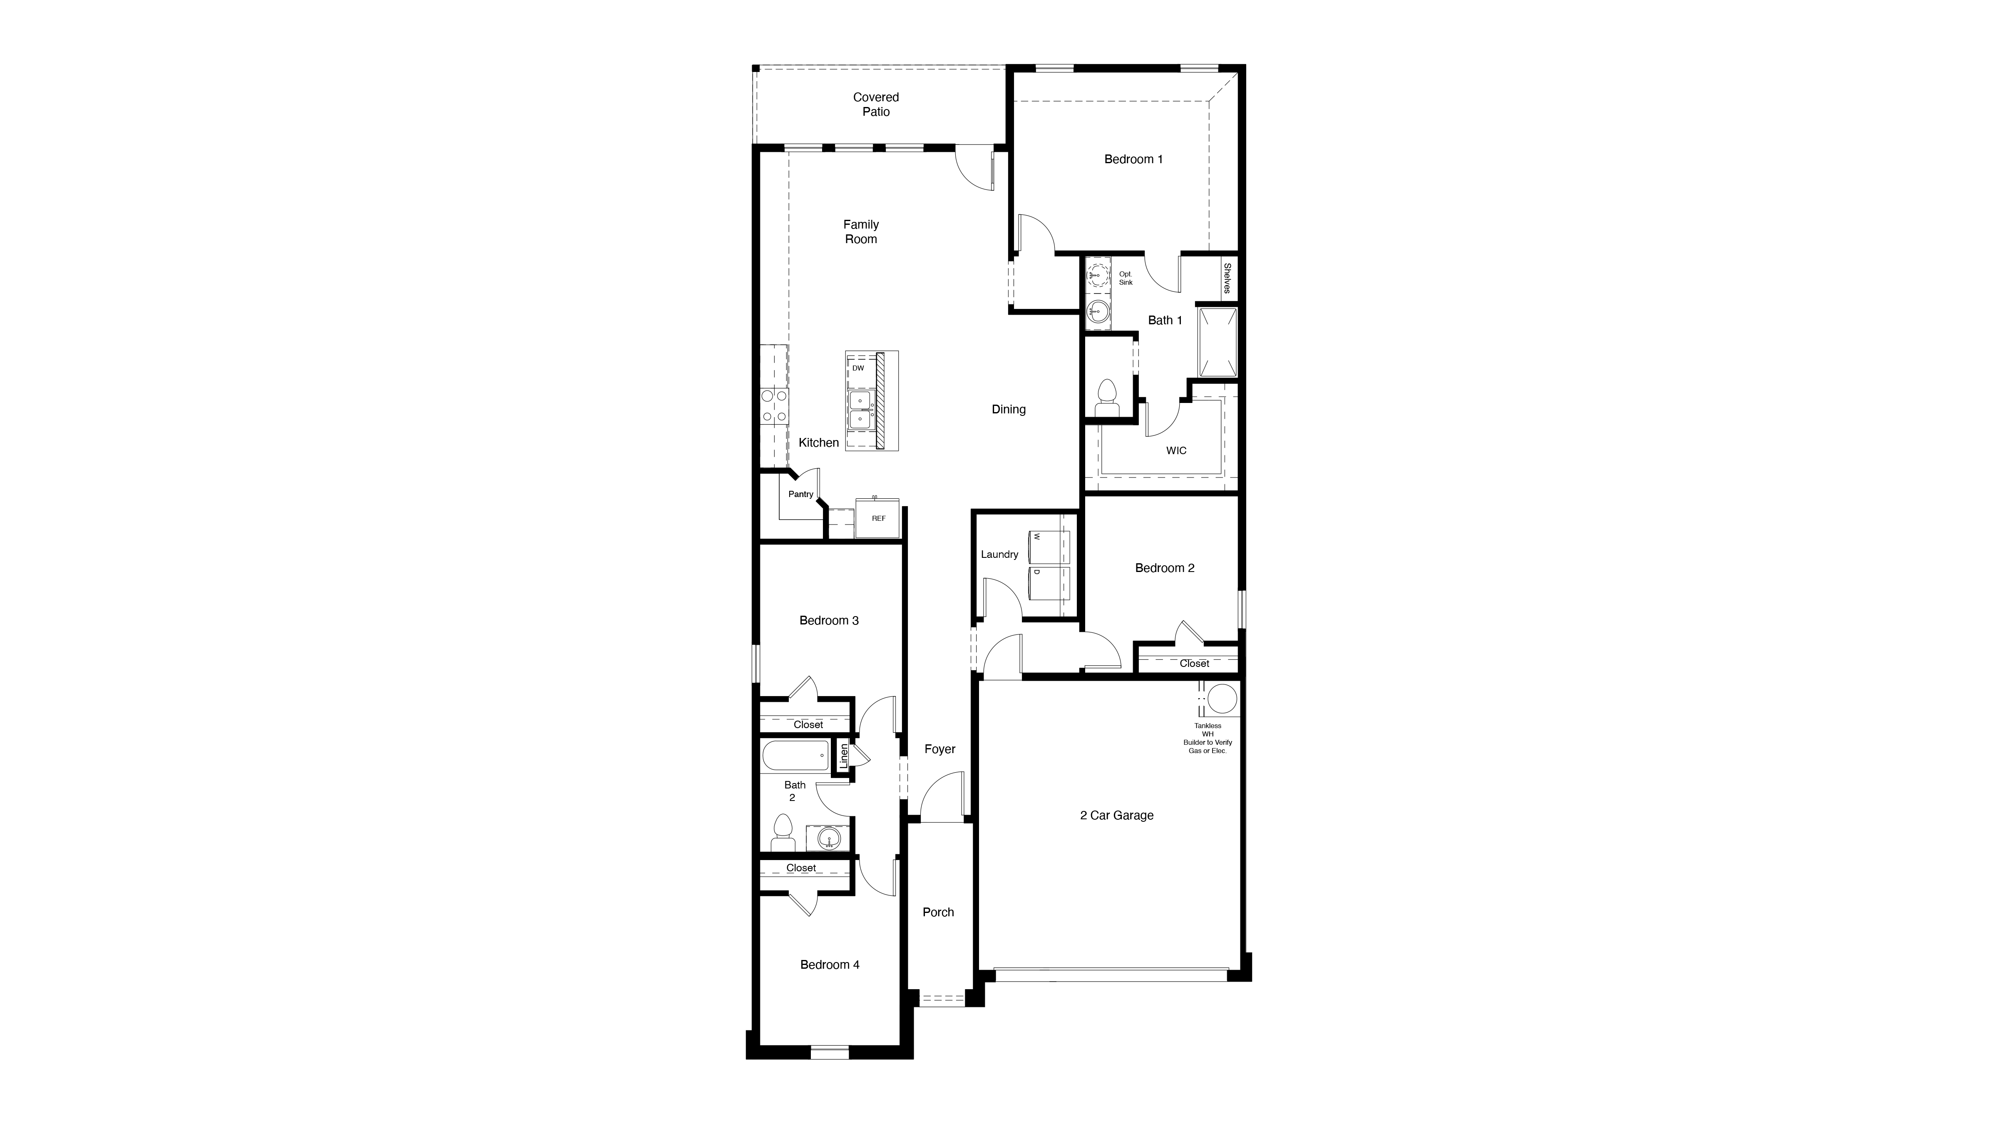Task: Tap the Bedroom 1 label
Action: (1133, 159)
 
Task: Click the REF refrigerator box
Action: (878, 518)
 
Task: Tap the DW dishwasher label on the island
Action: (858, 368)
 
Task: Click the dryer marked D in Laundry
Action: (1049, 582)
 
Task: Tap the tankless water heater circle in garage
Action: (1222, 698)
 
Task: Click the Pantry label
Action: (800, 494)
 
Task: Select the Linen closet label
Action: (844, 756)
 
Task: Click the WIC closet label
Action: (1176, 451)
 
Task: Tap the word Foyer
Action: (939, 749)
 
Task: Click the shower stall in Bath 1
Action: (1217, 342)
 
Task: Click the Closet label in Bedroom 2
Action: (1194, 663)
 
